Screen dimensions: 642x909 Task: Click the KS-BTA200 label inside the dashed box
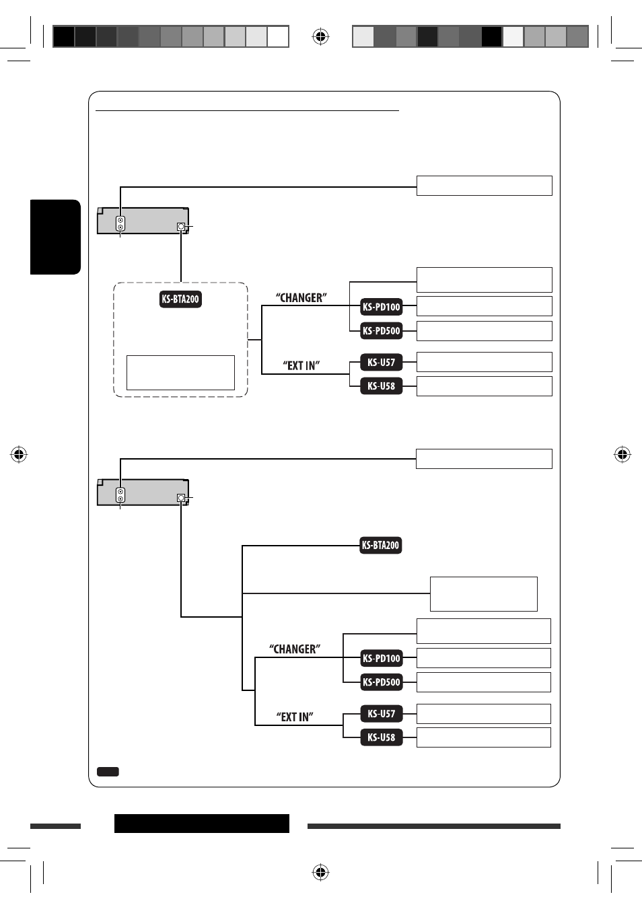[x=180, y=299]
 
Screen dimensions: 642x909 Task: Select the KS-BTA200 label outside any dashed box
[x=380, y=545]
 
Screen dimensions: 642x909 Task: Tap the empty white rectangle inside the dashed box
[x=180, y=373]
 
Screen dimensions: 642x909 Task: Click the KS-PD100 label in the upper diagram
[x=381, y=306]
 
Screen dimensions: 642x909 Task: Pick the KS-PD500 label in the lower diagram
[x=381, y=682]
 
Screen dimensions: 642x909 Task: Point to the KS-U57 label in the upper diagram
[x=381, y=362]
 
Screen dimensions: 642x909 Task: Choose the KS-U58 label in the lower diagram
[x=381, y=737]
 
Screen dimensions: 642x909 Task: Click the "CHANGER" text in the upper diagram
[x=301, y=298]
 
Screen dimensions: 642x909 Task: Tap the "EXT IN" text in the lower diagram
[x=295, y=717]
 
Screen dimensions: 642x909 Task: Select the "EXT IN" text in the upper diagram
[x=301, y=365]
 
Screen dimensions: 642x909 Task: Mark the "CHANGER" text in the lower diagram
[x=295, y=649]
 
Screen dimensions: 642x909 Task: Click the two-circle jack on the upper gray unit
[x=120, y=223]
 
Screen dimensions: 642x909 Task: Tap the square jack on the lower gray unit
[x=181, y=497]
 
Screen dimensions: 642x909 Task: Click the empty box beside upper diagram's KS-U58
[x=484, y=386]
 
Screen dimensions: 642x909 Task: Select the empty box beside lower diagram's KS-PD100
[x=483, y=658]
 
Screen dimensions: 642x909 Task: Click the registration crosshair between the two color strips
[x=320, y=36]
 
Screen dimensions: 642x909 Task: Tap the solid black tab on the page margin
[x=55, y=237]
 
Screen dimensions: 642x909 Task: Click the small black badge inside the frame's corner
[x=108, y=772]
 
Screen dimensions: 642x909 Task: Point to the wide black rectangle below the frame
[x=202, y=824]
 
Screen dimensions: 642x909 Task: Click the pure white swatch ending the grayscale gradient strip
[x=278, y=37]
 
